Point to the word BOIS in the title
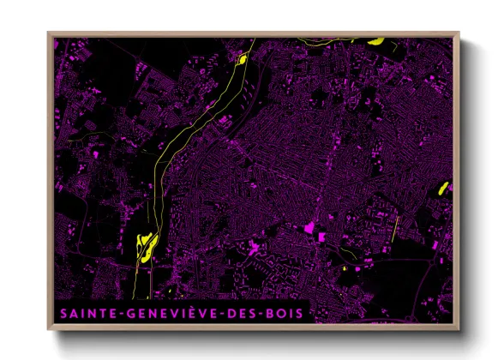(x=285, y=314)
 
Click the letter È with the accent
(x=189, y=313)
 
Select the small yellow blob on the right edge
(x=444, y=187)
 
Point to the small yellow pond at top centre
(x=243, y=59)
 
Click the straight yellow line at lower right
(x=397, y=229)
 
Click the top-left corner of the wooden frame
(x=48, y=33)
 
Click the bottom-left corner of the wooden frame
(x=48, y=330)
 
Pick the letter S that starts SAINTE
(x=63, y=314)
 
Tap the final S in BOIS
(x=298, y=314)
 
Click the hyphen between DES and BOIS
(x=262, y=315)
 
